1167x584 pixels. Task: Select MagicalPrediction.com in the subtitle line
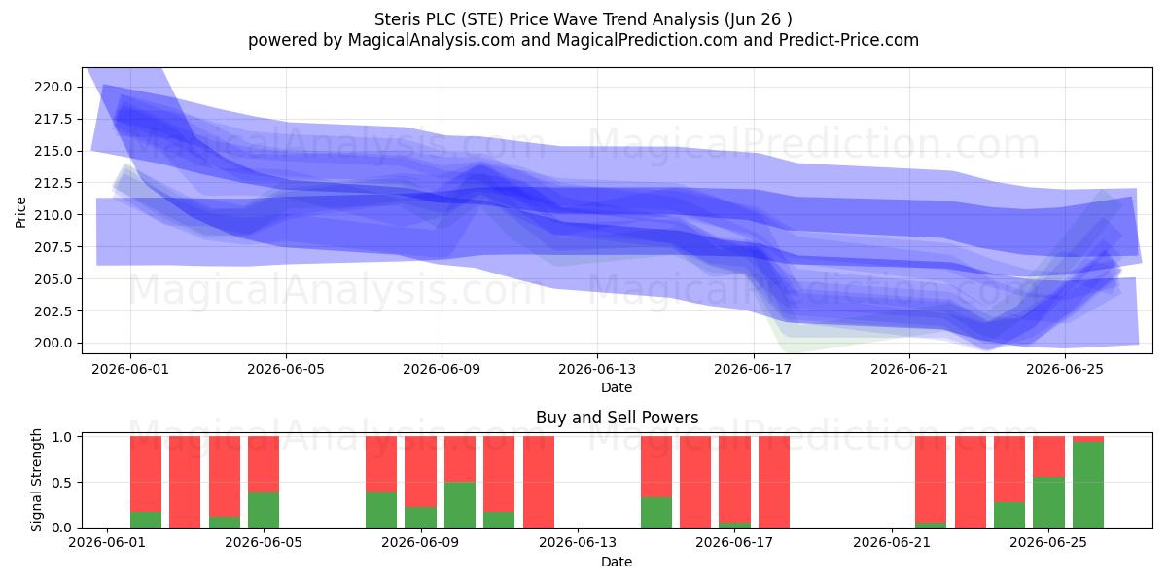(647, 40)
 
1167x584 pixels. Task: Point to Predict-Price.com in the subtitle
(849, 40)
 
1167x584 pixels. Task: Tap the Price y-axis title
(20, 212)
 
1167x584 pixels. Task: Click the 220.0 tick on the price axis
(53, 87)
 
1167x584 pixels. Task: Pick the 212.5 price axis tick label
(53, 183)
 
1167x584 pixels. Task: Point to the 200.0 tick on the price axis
(53, 343)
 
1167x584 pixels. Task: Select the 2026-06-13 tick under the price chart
(597, 369)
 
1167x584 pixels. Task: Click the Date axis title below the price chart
(617, 387)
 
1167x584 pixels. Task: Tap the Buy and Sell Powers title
(617, 418)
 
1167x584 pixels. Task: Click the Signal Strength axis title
(36, 480)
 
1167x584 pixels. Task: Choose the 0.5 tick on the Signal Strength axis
(62, 483)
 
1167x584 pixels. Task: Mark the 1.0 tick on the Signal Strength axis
(62, 437)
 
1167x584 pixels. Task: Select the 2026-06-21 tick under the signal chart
(892, 543)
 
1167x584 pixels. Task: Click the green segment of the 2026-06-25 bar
(1048, 502)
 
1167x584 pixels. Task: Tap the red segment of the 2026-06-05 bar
(264, 463)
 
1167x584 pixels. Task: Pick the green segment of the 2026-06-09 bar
(420, 517)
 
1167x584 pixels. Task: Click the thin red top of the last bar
(1088, 439)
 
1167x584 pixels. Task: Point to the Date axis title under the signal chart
(617, 562)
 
